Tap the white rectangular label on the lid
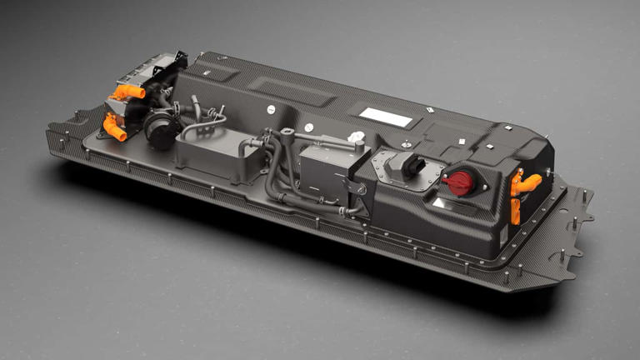(385, 117)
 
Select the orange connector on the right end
(524, 185)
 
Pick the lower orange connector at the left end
(114, 127)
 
